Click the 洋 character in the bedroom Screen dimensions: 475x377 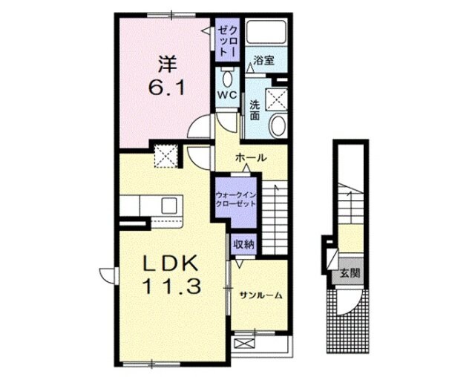click(x=168, y=65)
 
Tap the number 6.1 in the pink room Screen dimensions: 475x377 click(x=166, y=88)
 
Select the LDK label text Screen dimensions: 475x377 click(x=171, y=263)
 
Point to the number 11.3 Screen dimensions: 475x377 click(x=171, y=286)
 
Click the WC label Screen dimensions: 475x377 click(x=228, y=95)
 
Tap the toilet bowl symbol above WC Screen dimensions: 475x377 click(x=228, y=79)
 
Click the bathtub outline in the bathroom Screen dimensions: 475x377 click(x=266, y=32)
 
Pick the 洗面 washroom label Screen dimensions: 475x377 click(x=255, y=111)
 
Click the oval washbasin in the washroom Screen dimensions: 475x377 click(x=278, y=126)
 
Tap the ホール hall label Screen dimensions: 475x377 click(x=251, y=157)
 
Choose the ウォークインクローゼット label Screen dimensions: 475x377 click(x=235, y=199)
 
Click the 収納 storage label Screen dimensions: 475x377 click(x=243, y=244)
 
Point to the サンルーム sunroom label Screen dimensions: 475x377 click(x=261, y=295)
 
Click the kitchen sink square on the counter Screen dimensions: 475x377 click(x=168, y=206)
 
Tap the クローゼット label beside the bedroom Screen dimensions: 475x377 click(x=228, y=41)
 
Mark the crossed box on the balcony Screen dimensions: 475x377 click(x=245, y=344)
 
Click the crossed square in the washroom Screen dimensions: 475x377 click(x=276, y=99)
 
